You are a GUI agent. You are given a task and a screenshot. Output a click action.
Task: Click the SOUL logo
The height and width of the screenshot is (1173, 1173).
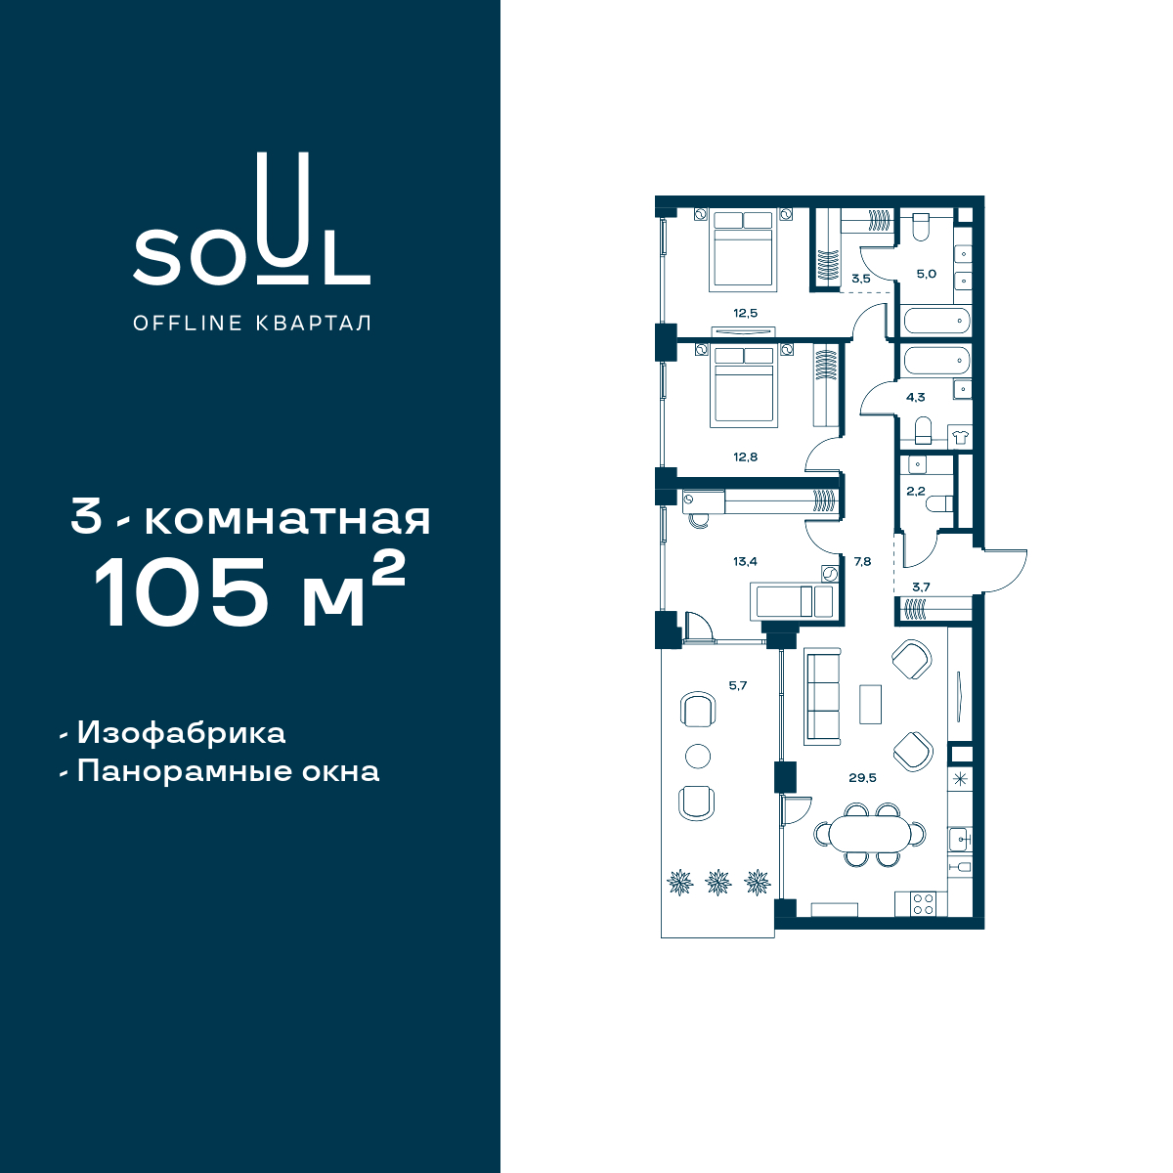(251, 219)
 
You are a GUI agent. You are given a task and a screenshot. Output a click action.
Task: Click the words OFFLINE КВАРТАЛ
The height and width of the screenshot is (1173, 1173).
(252, 324)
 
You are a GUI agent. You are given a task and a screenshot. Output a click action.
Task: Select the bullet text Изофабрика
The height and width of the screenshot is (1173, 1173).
(181, 733)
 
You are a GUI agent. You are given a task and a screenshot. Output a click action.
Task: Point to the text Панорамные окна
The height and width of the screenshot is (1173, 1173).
(229, 772)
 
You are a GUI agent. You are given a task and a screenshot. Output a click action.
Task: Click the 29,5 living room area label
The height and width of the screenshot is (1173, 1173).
(862, 777)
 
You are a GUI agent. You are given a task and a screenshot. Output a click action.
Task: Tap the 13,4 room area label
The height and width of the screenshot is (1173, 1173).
(745, 561)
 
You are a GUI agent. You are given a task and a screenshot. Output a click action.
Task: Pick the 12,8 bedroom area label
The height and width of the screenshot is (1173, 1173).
(745, 456)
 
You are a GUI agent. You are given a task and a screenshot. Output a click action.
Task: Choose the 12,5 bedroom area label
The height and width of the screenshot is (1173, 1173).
(745, 314)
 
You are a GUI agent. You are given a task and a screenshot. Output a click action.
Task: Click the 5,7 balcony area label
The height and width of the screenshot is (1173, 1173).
(738, 685)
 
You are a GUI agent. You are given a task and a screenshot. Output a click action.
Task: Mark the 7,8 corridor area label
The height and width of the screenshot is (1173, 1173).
(862, 561)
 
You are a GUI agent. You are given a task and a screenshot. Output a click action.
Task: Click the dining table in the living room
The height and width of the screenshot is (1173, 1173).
(871, 834)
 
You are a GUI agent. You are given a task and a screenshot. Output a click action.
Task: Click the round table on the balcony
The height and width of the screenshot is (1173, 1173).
(698, 757)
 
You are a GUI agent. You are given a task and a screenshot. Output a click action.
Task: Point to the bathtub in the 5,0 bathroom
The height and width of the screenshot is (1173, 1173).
(936, 321)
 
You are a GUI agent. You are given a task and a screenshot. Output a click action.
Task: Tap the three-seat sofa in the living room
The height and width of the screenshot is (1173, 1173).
(822, 697)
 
